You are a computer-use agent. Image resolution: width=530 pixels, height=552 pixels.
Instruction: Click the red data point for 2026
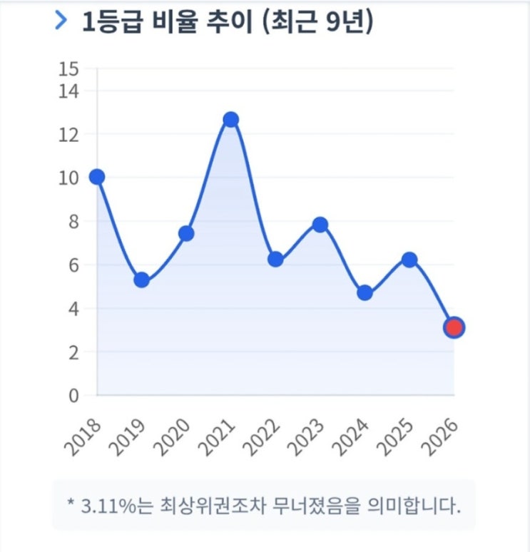[x=454, y=327]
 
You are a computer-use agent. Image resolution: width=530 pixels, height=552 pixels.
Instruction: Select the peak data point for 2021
[x=230, y=119]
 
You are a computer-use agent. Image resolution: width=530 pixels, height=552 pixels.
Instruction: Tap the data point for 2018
[x=97, y=177]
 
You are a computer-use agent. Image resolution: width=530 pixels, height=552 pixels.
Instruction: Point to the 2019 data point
[x=141, y=280]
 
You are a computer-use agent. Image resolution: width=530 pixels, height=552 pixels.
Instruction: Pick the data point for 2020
[x=186, y=233]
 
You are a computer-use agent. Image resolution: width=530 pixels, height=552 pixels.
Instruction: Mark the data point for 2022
[x=275, y=259]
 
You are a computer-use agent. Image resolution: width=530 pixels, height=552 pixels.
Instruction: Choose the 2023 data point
[x=320, y=225]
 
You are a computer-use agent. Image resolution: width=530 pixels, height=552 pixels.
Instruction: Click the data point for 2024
[x=365, y=292]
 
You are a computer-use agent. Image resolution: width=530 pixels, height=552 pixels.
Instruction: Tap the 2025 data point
[x=409, y=259]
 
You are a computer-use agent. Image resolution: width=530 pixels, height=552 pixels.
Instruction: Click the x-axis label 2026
[x=443, y=436]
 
